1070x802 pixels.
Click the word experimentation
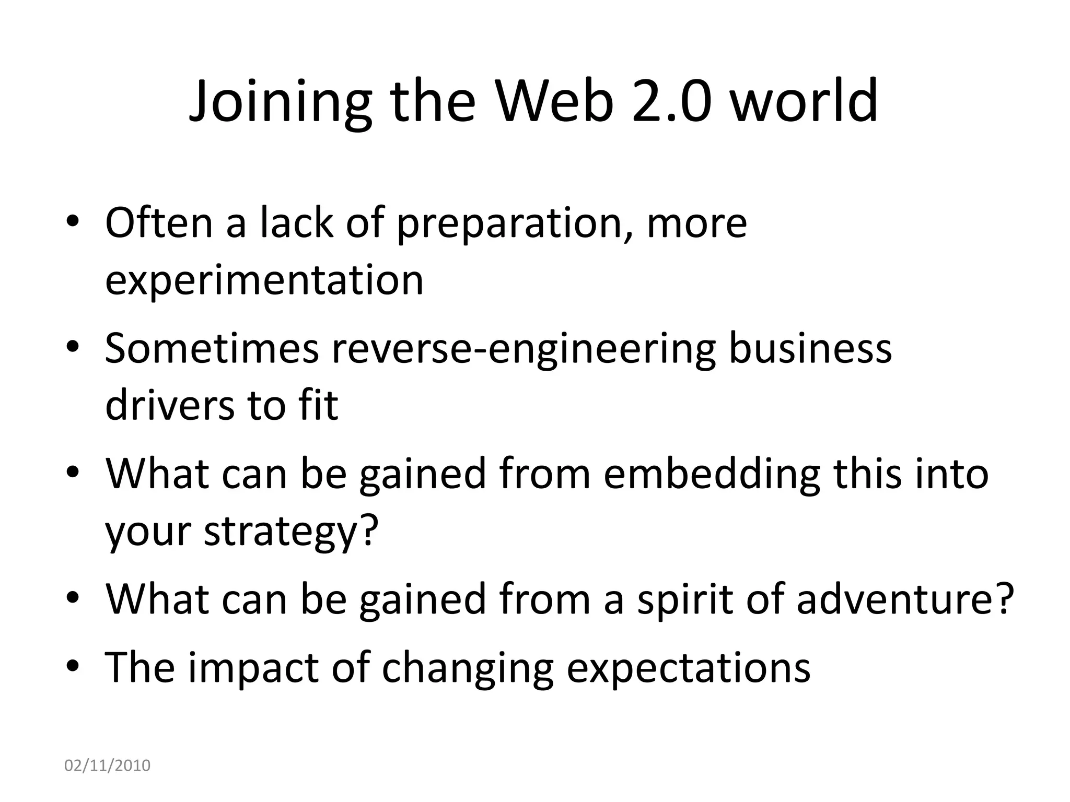pos(264,281)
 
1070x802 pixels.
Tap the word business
pos(810,349)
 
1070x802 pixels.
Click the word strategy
pos(290,532)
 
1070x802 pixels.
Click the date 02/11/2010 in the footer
pos(107,765)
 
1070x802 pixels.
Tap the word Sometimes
pos(212,349)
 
